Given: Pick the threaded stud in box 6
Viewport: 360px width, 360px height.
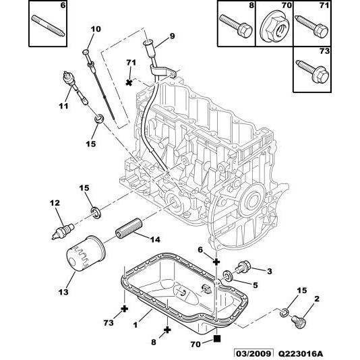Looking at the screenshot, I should (x=47, y=26).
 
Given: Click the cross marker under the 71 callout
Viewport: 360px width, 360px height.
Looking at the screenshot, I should (x=129, y=82).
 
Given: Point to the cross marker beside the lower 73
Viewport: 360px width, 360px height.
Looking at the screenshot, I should (x=124, y=309).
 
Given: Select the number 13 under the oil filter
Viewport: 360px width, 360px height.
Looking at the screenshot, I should (x=63, y=291).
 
